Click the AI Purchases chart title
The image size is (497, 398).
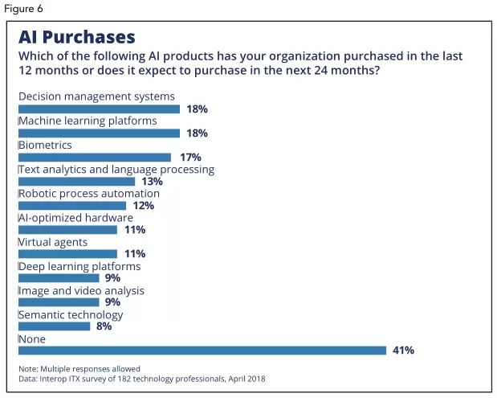77,37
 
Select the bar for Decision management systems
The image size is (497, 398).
99,109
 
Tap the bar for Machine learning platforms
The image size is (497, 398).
99,133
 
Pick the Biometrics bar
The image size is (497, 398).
95,157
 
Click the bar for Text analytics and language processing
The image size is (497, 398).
76,181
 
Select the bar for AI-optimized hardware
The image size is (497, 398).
67,229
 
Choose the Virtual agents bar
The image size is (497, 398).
67,253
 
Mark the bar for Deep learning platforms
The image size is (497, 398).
59,277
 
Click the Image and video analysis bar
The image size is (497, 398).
59,302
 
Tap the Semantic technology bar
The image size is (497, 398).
55,326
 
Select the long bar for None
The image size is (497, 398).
202,350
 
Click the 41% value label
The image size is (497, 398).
402,350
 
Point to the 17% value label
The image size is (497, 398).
189,157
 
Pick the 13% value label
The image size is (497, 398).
153,181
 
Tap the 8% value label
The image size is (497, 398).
104,326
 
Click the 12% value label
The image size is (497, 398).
143,205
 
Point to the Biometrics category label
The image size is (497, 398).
46,146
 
